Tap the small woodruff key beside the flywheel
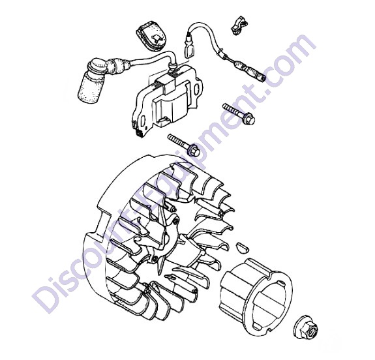[240, 247]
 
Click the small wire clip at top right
[239, 26]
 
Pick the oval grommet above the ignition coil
[151, 37]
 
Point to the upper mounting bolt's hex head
[248, 117]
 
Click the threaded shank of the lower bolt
[179, 141]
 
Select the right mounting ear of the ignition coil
[198, 87]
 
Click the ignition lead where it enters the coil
[172, 67]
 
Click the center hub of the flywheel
[165, 239]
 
